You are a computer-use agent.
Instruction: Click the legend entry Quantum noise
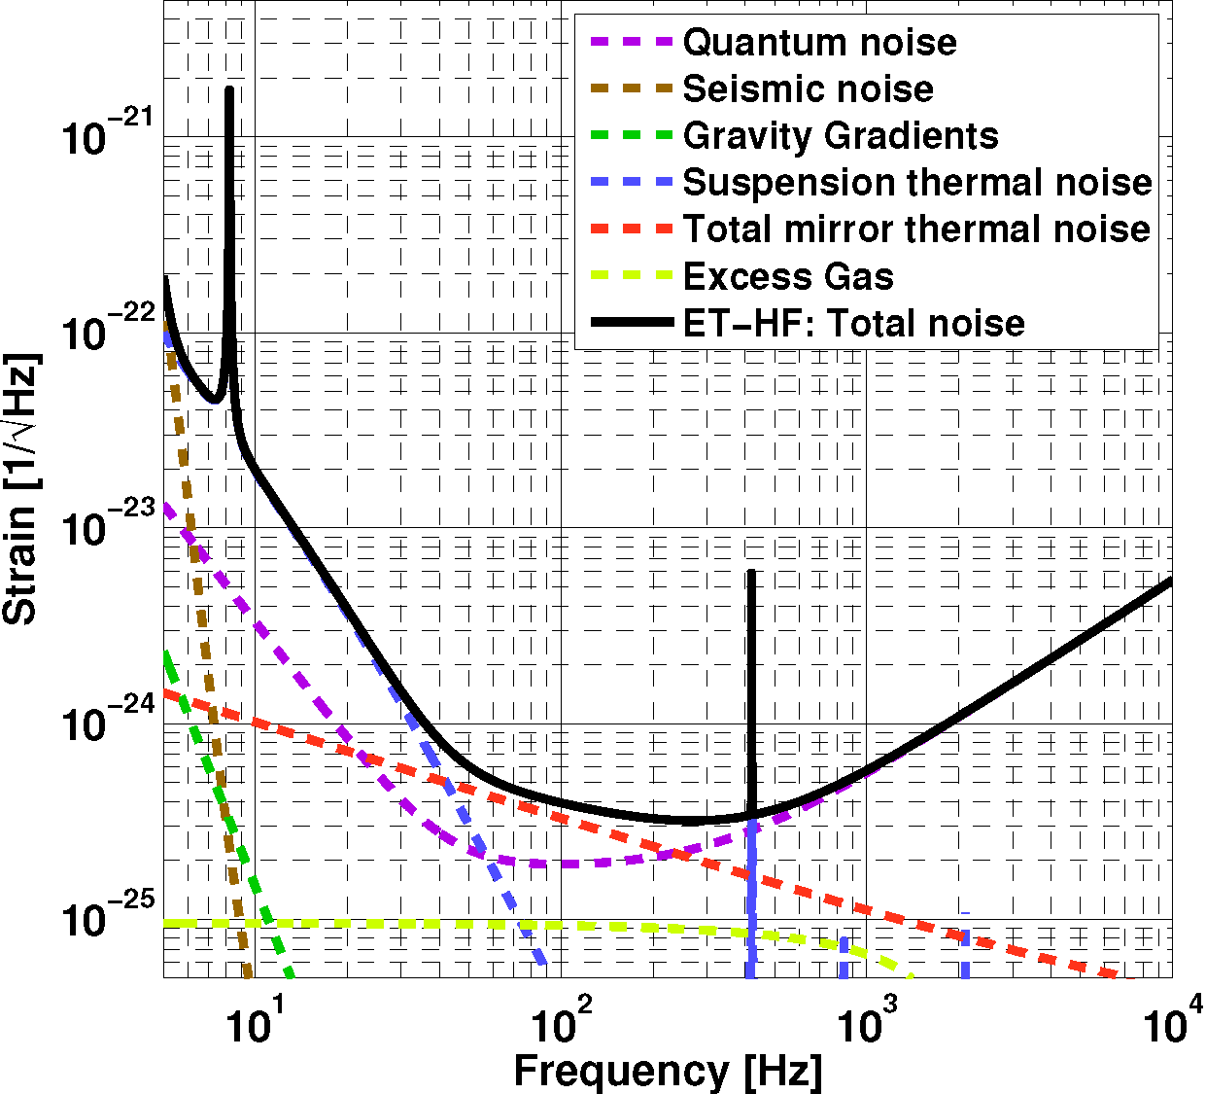[819, 43]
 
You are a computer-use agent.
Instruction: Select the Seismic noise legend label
[808, 89]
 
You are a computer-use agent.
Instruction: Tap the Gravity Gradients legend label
[841, 136]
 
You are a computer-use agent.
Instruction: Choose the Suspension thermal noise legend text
[917, 183]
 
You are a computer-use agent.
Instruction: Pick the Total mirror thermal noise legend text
[916, 229]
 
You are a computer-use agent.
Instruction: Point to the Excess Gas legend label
[788, 277]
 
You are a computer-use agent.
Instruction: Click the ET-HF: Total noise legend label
[853, 324]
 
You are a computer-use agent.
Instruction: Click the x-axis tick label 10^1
[255, 1022]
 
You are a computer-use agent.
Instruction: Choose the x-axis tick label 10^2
[562, 1022]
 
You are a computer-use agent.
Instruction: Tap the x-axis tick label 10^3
[868, 1022]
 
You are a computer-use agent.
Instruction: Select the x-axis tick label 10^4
[1174, 1020]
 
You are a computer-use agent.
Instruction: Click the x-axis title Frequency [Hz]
[668, 1071]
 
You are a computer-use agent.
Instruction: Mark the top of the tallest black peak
[229, 89]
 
